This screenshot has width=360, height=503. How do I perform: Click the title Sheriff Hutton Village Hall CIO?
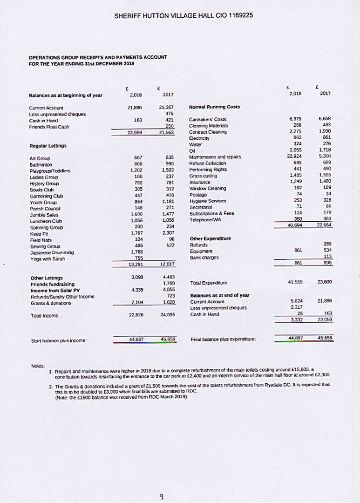tap(183, 15)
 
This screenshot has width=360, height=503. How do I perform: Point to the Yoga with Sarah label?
tap(46, 258)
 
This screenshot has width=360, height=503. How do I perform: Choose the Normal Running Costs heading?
tap(215, 107)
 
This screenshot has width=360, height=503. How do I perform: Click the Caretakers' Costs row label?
tap(208, 119)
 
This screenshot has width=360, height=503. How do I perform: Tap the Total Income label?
tap(43, 315)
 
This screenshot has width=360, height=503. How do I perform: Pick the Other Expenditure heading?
tap(211, 238)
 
